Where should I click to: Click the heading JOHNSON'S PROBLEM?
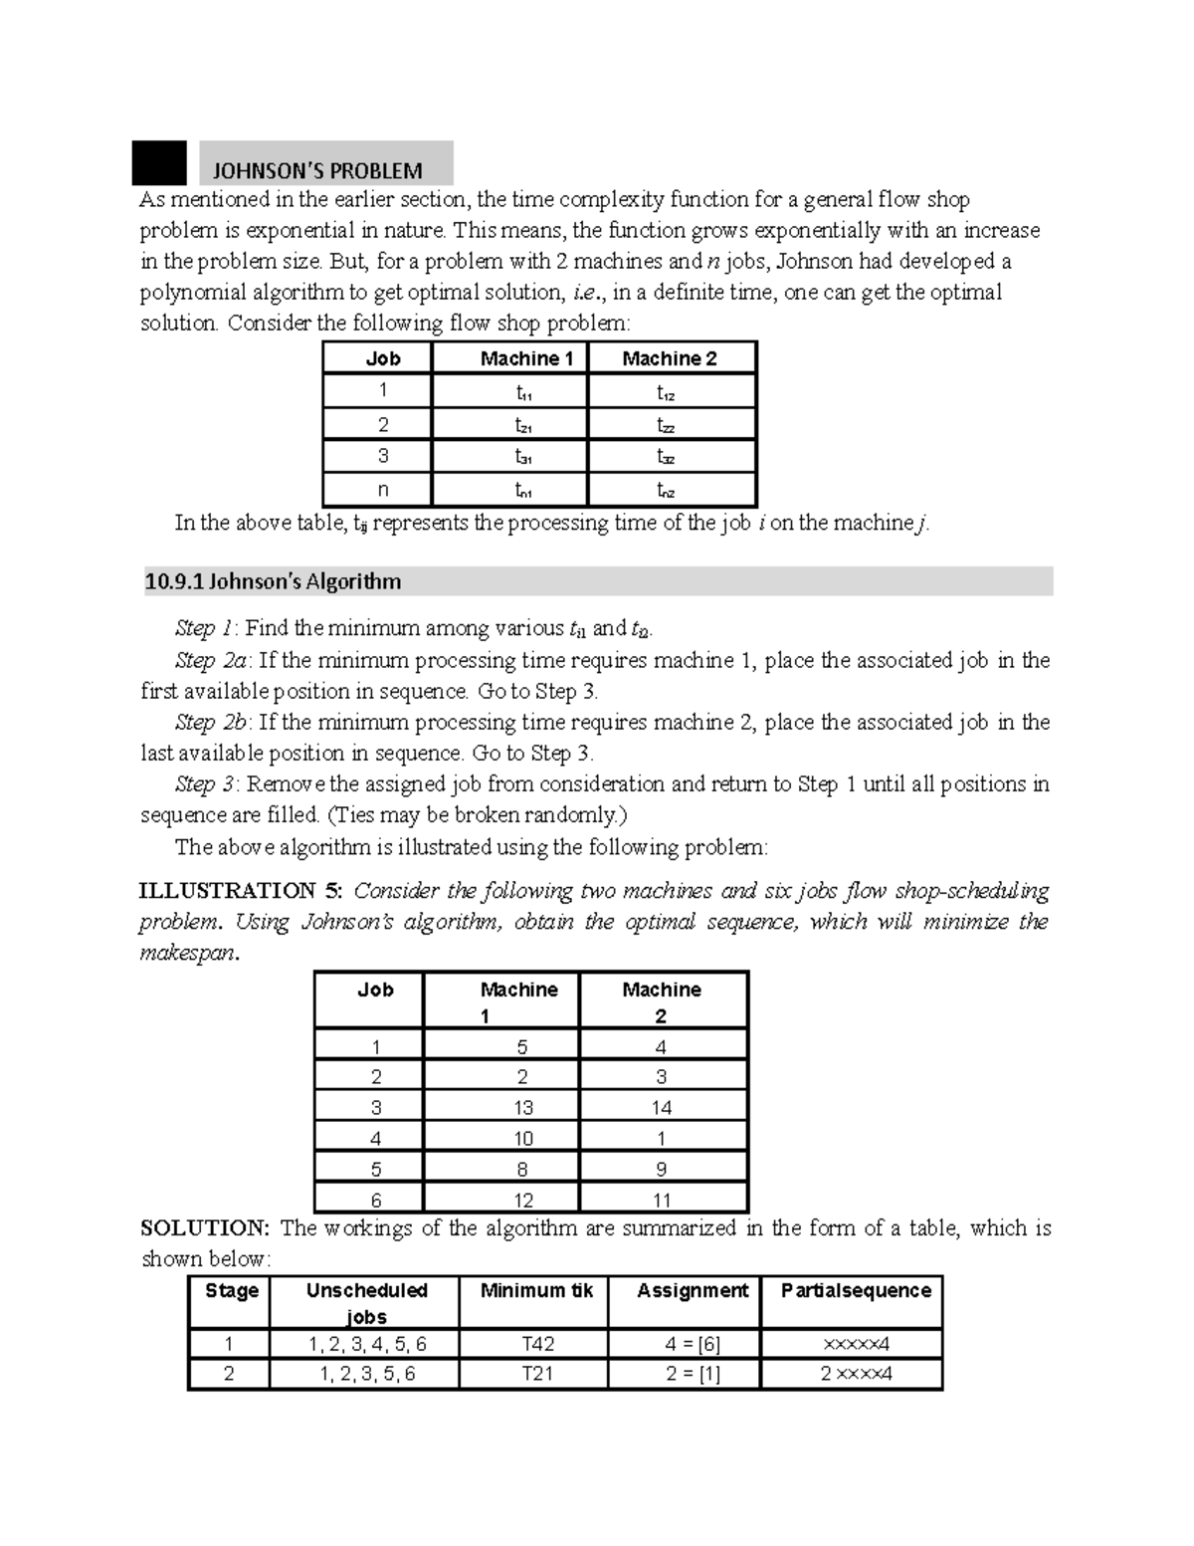click(x=324, y=170)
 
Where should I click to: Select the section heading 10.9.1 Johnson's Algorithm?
click(x=273, y=581)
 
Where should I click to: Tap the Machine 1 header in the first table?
click(x=526, y=358)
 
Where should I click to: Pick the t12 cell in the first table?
click(x=666, y=393)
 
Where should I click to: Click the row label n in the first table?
click(x=383, y=490)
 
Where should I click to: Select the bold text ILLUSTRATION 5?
click(x=242, y=890)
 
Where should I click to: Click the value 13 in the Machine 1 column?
click(x=523, y=1108)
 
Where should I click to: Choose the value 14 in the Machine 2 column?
click(x=662, y=1108)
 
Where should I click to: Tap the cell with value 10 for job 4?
click(x=523, y=1139)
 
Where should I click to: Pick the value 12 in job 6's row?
click(x=523, y=1201)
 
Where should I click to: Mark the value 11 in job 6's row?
click(x=662, y=1201)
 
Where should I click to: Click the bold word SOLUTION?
click(x=204, y=1227)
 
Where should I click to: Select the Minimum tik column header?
click(x=536, y=1291)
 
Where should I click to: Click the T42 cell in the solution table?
click(x=538, y=1344)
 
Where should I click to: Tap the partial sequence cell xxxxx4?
click(x=857, y=1344)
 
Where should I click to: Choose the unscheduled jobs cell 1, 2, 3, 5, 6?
click(x=367, y=1374)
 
